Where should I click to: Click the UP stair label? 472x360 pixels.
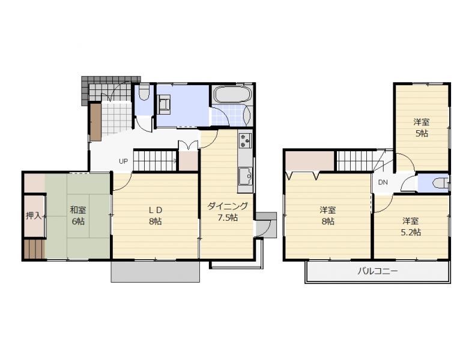point(123,161)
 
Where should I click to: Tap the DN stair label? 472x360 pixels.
point(383,182)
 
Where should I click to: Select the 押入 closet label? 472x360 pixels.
point(34,215)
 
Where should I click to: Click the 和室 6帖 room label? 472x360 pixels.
point(78,215)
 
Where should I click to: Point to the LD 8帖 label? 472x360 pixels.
point(156,215)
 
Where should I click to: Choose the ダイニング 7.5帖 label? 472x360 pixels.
point(228,212)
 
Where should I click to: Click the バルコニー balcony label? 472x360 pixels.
point(378,272)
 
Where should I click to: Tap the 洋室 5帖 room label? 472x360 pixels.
point(422,128)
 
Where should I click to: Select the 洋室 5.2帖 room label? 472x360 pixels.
point(411,226)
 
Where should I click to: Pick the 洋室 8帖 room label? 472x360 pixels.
point(328,215)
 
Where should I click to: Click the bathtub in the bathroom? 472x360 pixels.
point(232,94)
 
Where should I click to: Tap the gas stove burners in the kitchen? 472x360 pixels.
point(245,140)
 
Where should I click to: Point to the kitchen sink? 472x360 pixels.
point(246,176)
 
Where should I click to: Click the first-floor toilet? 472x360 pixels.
point(145,92)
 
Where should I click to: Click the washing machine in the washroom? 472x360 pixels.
point(164,104)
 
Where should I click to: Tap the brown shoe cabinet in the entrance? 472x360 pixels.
point(95,122)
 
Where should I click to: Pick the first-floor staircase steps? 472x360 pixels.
point(155,161)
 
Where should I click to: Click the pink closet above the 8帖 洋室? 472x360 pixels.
point(310,161)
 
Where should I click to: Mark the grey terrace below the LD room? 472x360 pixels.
point(156,272)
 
